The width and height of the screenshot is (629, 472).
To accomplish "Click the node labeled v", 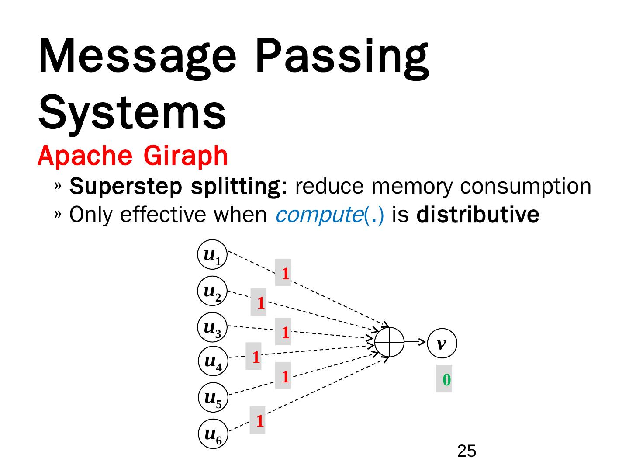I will click(442, 344).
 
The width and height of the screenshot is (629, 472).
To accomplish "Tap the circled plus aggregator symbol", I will click(390, 342).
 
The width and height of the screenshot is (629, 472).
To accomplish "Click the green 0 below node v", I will click(445, 380).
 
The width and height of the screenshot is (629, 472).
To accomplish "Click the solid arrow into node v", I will click(415, 342).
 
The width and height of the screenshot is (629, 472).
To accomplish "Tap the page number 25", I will click(467, 451).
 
